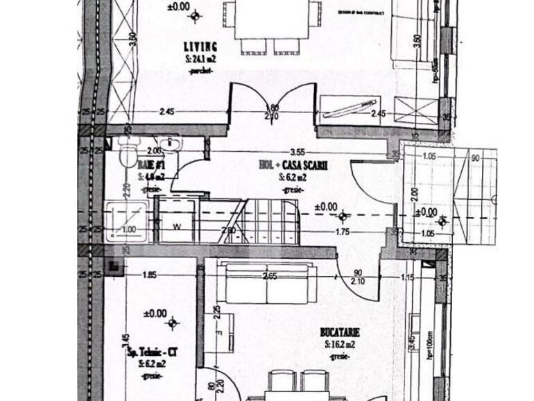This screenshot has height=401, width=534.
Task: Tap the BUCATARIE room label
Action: click(340, 332)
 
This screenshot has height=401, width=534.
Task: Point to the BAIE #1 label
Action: click(150, 166)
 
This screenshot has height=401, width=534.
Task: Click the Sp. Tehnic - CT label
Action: click(148, 352)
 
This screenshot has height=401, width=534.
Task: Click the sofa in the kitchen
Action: click(267, 285)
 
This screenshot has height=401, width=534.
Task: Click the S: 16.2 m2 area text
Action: click(339, 344)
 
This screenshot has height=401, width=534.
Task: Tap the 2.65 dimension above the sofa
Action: click(270, 275)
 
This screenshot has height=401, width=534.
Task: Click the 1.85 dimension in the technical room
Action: click(148, 275)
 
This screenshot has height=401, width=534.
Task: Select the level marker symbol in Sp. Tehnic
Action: click(173, 321)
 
